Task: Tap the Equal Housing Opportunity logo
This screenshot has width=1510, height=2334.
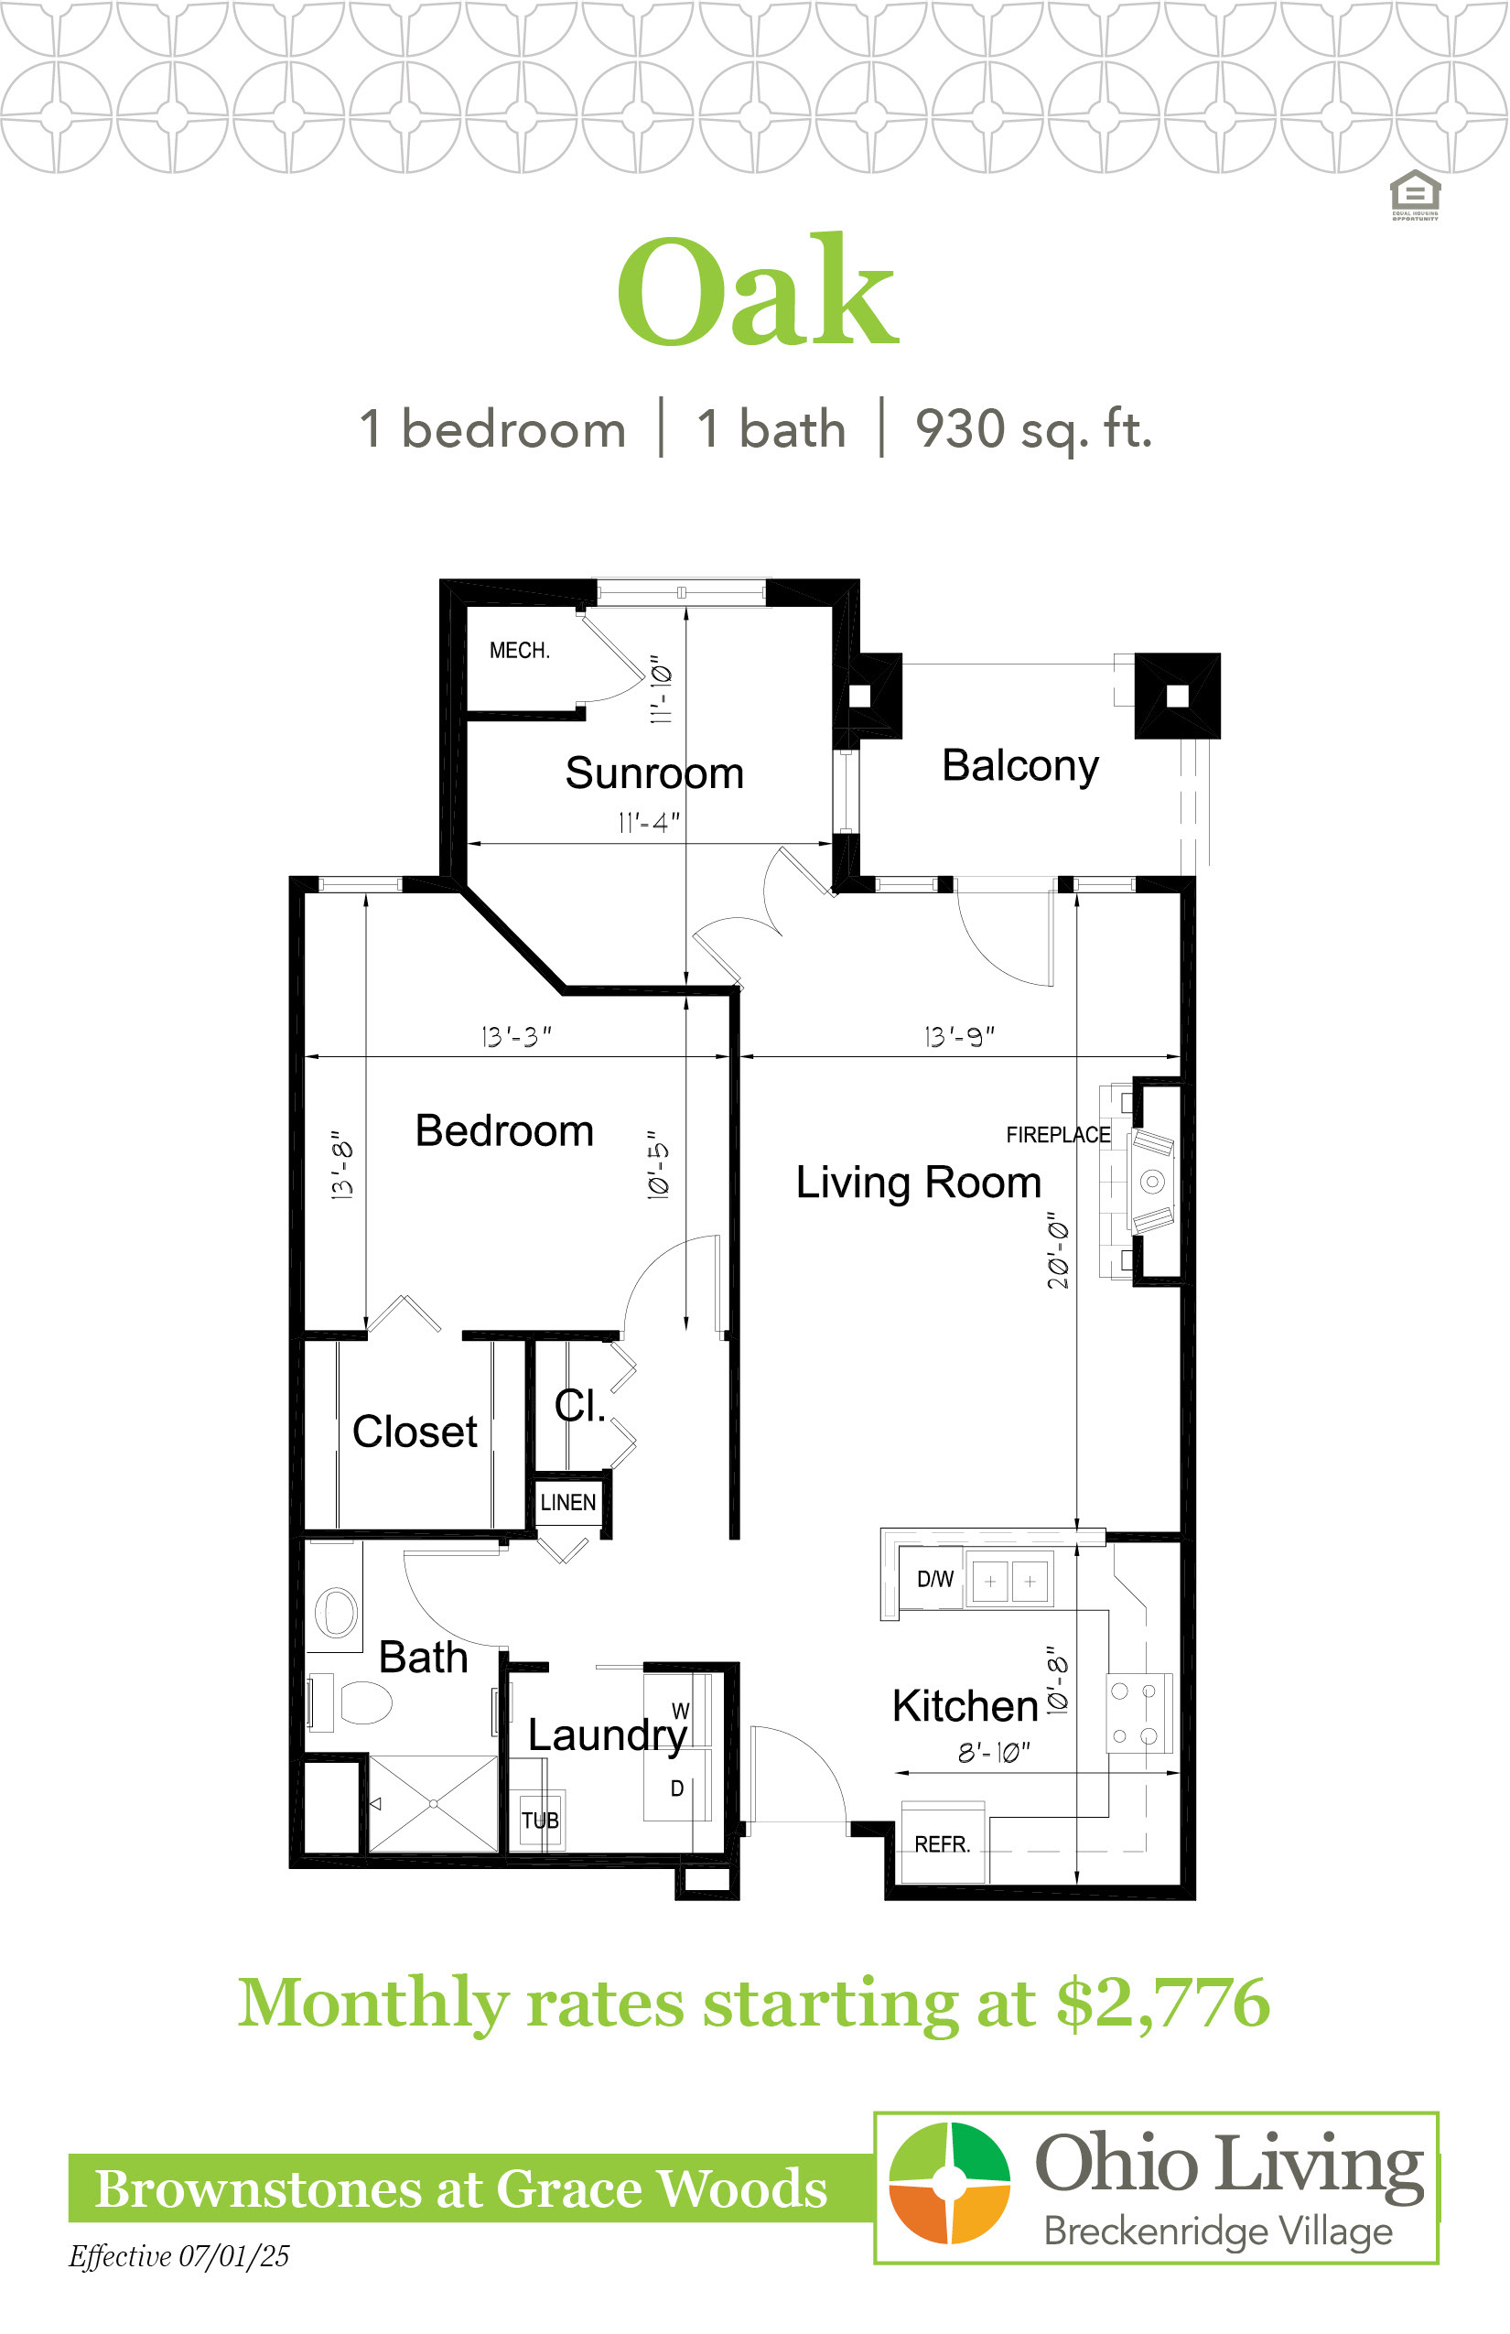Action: (1415, 195)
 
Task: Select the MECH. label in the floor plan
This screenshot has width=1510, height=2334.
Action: (520, 650)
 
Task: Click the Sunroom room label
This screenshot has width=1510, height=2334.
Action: (654, 773)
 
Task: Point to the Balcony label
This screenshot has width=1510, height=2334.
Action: (1019, 766)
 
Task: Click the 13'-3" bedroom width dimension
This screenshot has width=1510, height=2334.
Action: (516, 1036)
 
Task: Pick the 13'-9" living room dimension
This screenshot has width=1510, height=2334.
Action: (959, 1036)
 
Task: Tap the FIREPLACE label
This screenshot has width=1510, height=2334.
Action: (1058, 1135)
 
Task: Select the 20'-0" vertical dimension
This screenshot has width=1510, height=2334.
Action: (1058, 1249)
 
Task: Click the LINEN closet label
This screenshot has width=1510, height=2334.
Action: (567, 1502)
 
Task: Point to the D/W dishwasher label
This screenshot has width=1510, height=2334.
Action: (934, 1579)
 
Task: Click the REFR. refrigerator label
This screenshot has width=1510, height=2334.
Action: (942, 1844)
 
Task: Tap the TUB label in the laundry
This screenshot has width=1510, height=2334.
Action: (539, 1821)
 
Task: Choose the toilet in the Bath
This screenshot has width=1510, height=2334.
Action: (359, 1702)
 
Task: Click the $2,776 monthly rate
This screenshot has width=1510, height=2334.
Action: (1163, 2003)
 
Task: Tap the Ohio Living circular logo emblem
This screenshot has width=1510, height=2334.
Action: (948, 2183)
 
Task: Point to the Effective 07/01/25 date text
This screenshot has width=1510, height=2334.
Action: (178, 2256)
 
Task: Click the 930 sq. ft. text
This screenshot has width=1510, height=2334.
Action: (1033, 429)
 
